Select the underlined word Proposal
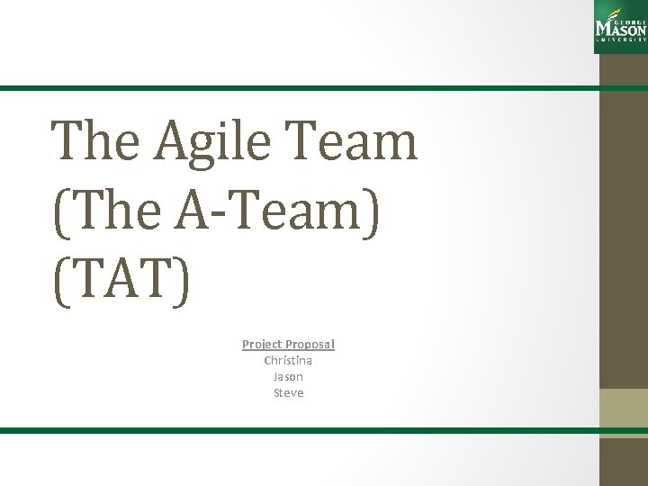click(x=310, y=344)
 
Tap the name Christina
click(x=288, y=360)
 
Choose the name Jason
click(x=288, y=376)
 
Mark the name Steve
click(x=288, y=392)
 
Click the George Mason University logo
click(x=621, y=24)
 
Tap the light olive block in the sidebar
click(x=623, y=407)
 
